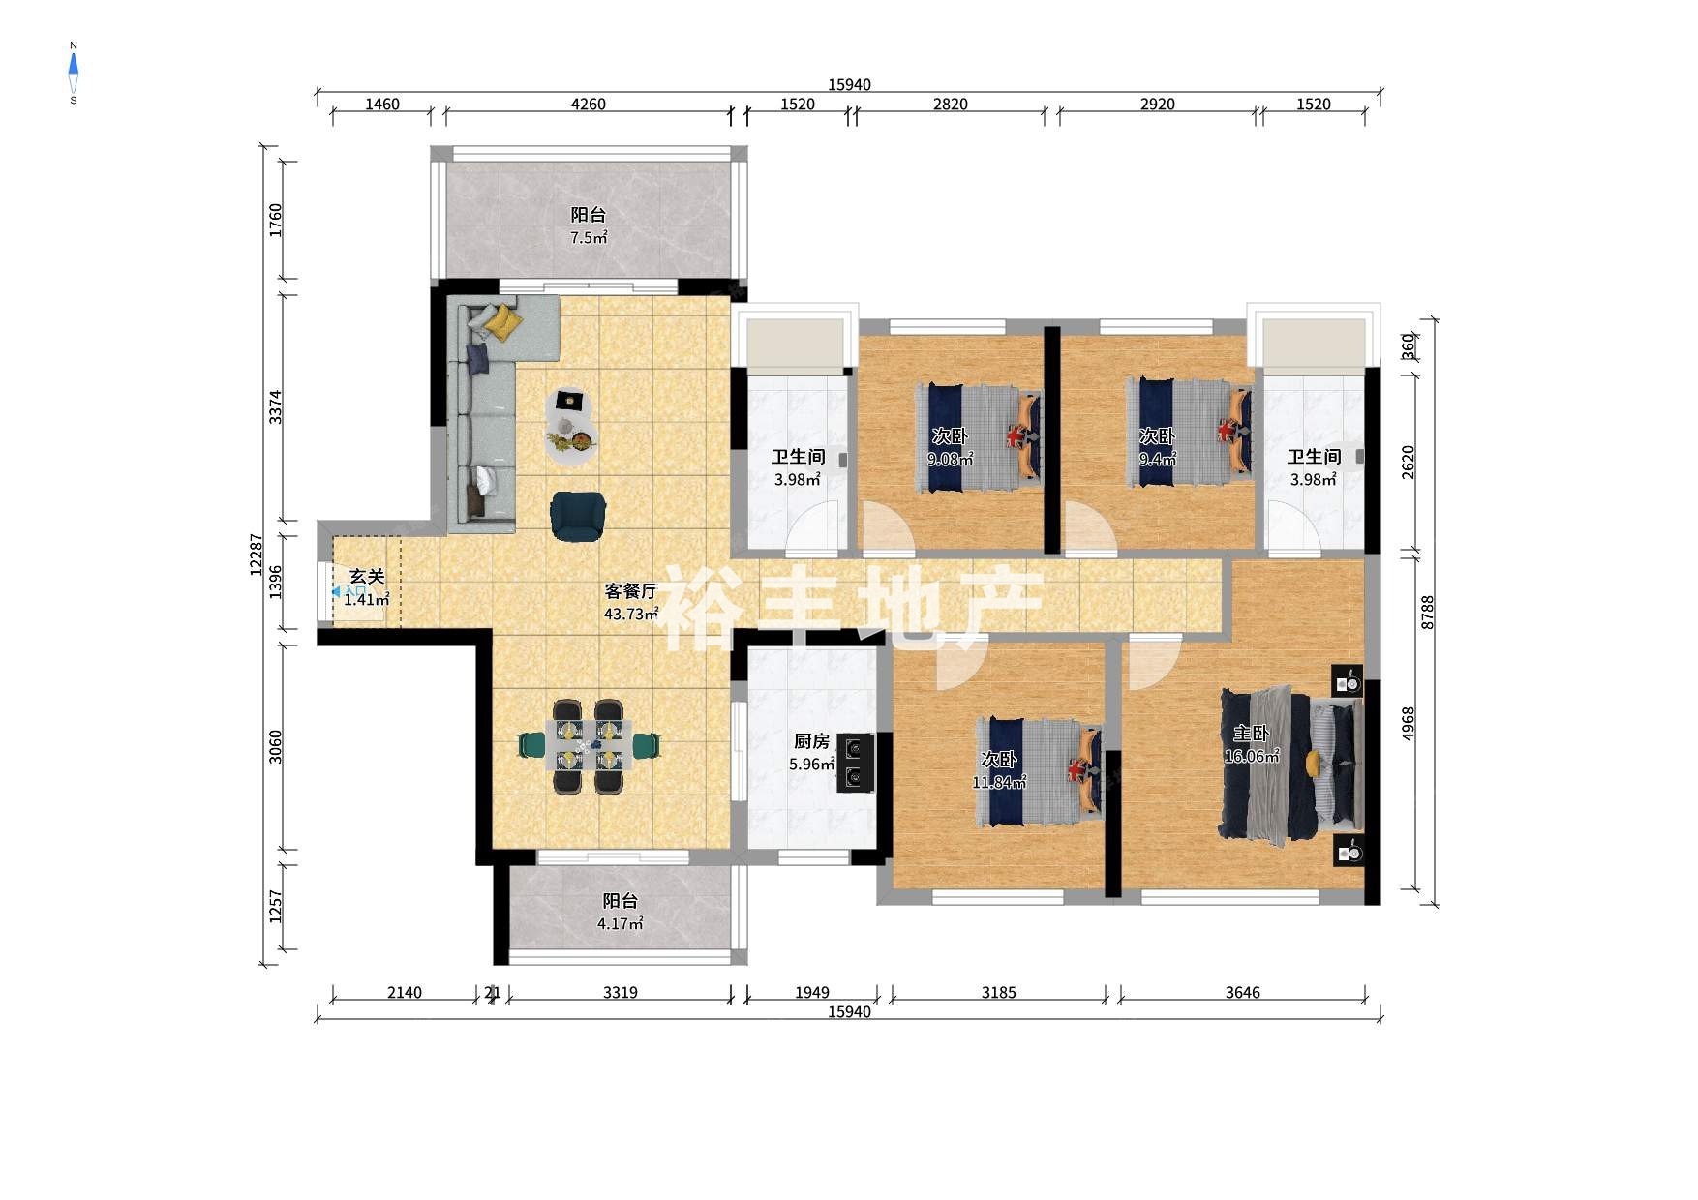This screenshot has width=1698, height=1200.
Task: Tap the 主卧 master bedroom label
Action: pos(1251,734)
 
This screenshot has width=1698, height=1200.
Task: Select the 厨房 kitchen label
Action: pos(811,741)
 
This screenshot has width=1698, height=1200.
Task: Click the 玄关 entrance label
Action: pos(367,577)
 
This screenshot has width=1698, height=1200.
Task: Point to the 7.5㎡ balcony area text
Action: pos(588,238)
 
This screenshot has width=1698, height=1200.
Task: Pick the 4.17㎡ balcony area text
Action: pos(620,923)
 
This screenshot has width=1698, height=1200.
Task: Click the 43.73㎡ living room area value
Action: pos(631,614)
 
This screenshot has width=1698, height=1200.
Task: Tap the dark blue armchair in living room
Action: pos(578,515)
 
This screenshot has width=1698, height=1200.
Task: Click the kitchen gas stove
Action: pos(855,763)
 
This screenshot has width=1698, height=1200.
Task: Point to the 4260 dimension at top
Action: pos(588,105)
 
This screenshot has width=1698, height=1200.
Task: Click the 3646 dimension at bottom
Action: pos(1242,992)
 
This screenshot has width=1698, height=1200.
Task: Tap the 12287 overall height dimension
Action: pos(257,555)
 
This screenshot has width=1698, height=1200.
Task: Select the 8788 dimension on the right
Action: pos(1428,612)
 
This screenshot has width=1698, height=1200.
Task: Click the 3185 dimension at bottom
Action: pos(998,992)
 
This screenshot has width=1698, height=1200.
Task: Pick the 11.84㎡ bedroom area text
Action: pos(999,782)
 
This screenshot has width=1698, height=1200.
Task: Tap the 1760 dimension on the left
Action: pos(276,221)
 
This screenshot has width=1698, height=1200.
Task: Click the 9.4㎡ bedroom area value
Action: pos(1158,459)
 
